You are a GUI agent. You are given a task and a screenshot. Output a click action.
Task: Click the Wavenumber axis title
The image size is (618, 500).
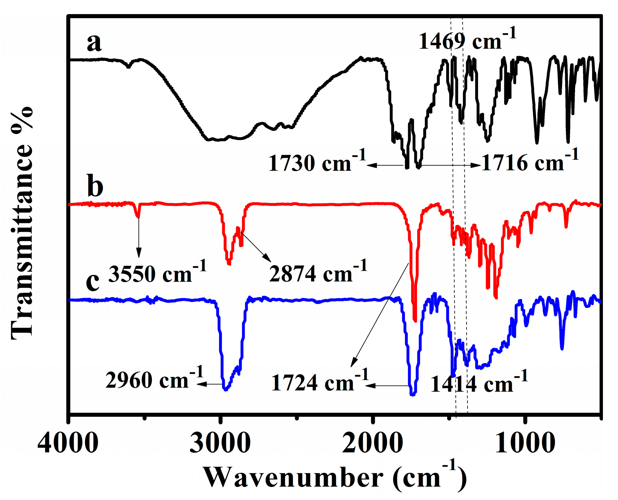click(334, 477)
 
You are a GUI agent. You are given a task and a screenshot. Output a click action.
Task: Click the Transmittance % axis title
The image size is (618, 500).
click(22, 223)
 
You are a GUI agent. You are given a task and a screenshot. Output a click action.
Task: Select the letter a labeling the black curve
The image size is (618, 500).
click(94, 43)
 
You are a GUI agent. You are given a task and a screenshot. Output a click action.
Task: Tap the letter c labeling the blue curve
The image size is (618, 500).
click(93, 282)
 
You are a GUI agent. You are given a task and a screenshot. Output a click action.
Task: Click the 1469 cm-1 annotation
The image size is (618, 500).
click(467, 40)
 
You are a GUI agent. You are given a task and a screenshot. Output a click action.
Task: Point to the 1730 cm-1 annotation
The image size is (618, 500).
click(317, 162)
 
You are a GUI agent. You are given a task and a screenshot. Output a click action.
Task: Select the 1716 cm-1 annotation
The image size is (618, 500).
click(530, 161)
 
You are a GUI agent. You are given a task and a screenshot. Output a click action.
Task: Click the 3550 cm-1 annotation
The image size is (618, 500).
click(157, 273)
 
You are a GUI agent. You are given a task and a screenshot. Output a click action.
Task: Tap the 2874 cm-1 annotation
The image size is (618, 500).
click(318, 273)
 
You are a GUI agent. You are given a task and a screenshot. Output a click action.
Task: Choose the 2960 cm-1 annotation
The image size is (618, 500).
click(154, 379)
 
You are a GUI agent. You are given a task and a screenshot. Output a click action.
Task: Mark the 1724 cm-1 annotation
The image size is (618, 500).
click(320, 382)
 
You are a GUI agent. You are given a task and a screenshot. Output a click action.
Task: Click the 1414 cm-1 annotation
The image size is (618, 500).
click(479, 383)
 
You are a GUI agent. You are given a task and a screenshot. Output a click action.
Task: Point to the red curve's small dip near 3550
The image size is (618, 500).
click(138, 213)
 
